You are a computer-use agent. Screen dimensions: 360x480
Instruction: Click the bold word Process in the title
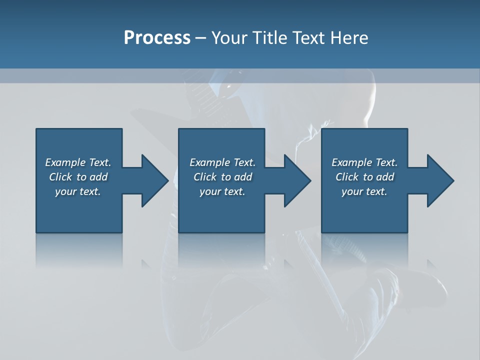pos(157,38)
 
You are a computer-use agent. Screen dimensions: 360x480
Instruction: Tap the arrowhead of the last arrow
pos(439,180)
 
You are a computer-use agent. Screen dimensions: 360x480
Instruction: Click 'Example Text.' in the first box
pos(78,162)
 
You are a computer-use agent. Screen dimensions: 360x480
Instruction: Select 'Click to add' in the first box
pos(78,177)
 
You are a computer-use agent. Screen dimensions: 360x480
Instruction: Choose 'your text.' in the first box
pos(78,191)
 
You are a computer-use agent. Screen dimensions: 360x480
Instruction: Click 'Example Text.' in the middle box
pos(222,162)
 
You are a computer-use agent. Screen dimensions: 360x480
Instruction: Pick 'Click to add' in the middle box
pos(222,177)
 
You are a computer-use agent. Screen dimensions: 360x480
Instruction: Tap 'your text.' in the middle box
pos(222,191)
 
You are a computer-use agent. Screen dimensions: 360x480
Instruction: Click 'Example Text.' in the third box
pos(364,162)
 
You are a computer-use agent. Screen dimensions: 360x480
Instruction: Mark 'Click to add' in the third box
pos(364,177)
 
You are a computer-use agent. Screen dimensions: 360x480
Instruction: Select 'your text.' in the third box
pos(364,191)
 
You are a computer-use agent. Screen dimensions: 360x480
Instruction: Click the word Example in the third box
pos(351,162)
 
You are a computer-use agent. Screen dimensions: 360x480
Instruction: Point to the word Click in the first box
pos(60,177)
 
